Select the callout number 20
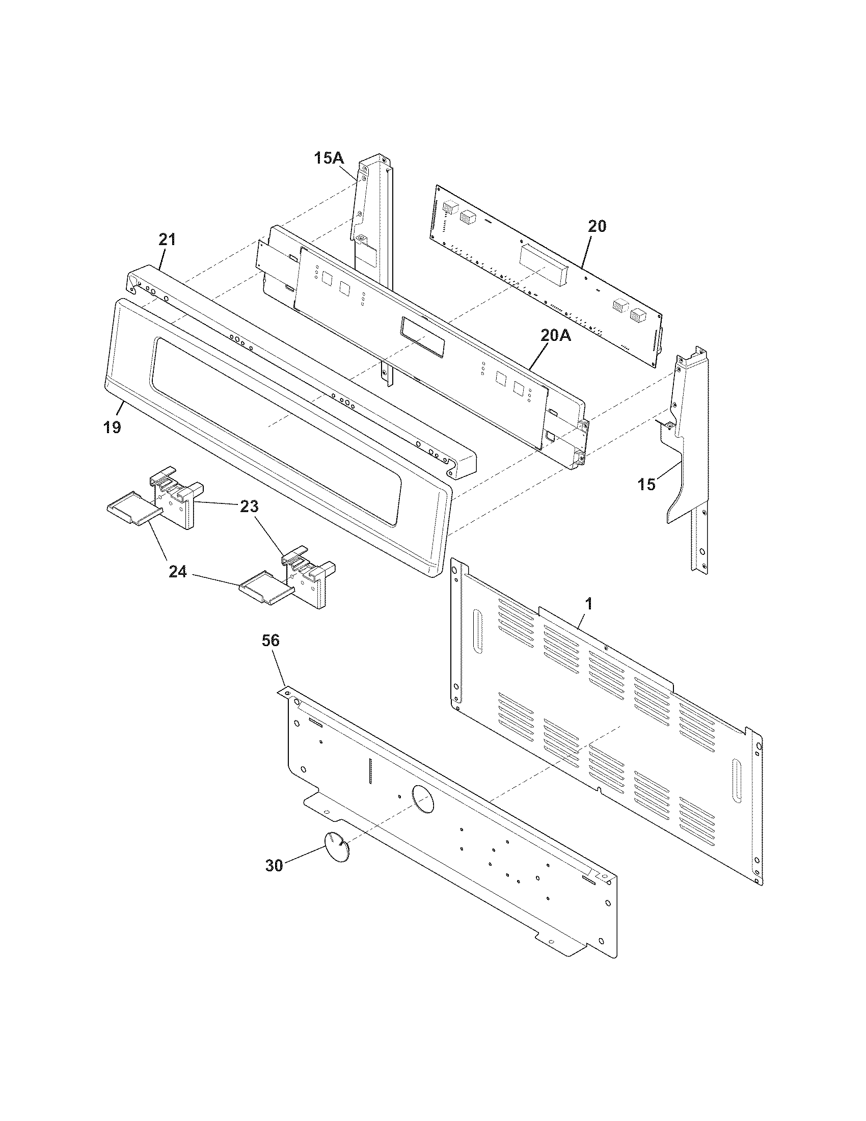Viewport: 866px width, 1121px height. click(x=597, y=226)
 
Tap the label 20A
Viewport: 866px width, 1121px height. click(x=555, y=335)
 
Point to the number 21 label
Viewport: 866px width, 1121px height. click(x=167, y=239)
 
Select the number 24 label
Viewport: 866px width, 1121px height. click(x=177, y=571)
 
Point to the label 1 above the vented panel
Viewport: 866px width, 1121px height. click(x=589, y=604)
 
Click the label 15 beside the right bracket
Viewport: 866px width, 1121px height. click(x=647, y=484)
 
